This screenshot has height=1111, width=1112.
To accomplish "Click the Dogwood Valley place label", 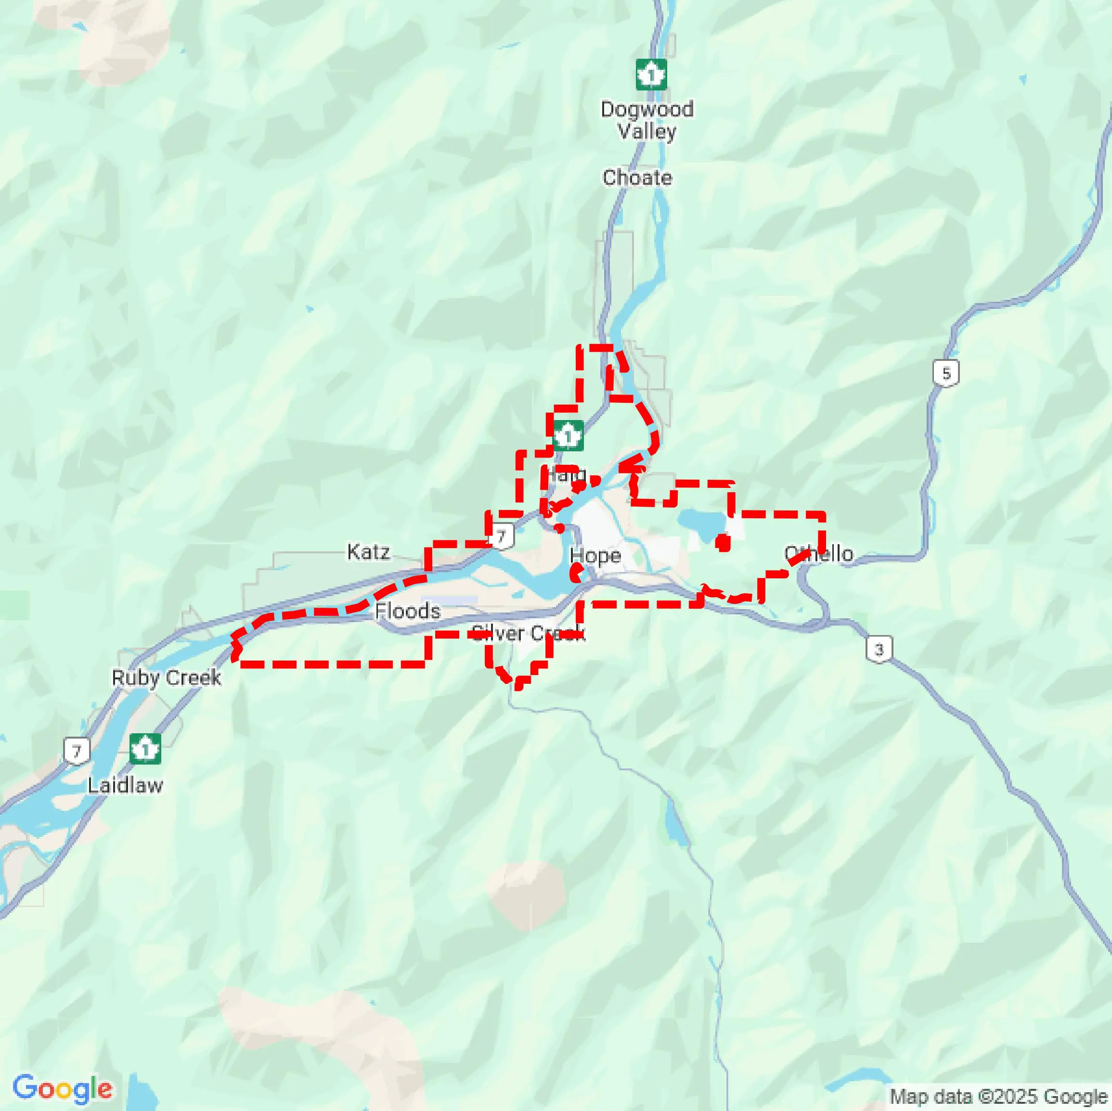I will tap(647, 120).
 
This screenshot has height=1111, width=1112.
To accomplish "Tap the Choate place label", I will tap(637, 177).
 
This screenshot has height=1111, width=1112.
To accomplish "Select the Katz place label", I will tap(368, 552).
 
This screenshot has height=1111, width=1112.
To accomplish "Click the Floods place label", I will tap(408, 611).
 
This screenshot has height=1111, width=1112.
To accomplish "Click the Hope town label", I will tap(595, 555).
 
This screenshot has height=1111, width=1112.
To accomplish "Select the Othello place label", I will tap(818, 553).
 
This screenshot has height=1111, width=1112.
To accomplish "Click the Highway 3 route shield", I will tap(879, 649).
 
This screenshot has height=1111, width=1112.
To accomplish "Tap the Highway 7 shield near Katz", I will tap(501, 536).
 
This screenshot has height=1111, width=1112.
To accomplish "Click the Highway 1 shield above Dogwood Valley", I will tap(651, 75).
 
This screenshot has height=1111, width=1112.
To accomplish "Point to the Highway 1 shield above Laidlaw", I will tap(145, 749).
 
